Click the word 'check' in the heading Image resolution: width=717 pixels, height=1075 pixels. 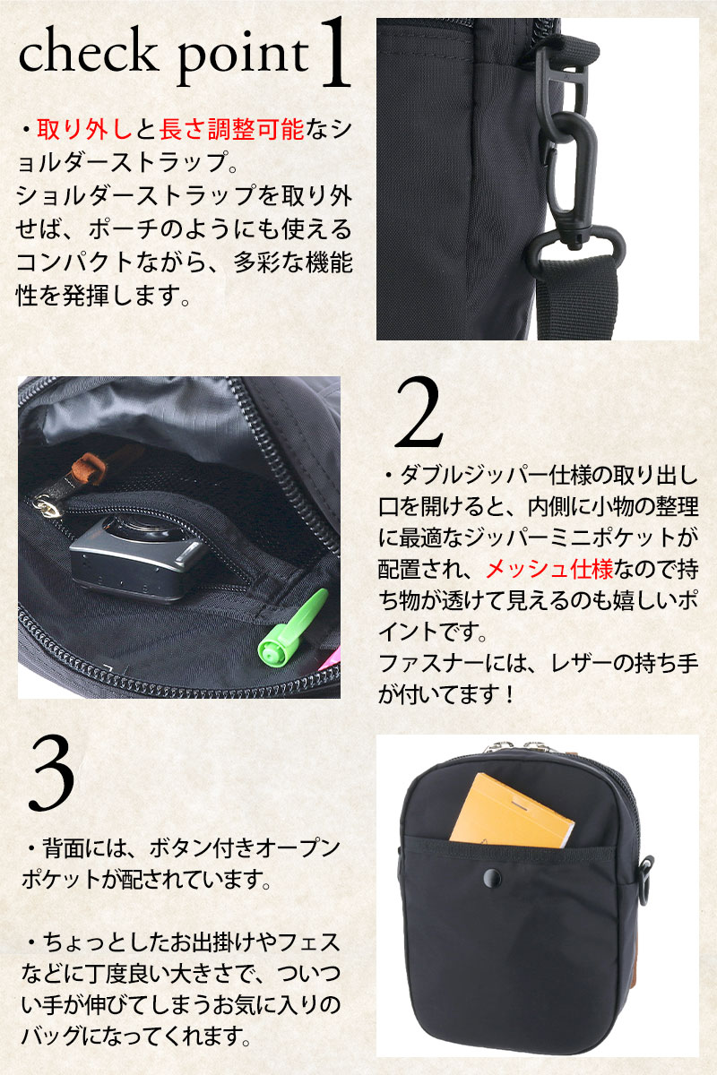point(89,51)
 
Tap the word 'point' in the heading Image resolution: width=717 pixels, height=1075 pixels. point(243,56)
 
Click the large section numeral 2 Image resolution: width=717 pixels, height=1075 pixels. point(419,414)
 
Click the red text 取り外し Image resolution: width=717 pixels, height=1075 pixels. point(84,130)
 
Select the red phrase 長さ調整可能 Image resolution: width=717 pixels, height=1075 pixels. point(231,130)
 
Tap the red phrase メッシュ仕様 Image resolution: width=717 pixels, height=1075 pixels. point(549,570)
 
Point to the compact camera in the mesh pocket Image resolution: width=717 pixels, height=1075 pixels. point(136,557)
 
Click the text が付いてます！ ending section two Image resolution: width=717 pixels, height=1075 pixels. point(446,694)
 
